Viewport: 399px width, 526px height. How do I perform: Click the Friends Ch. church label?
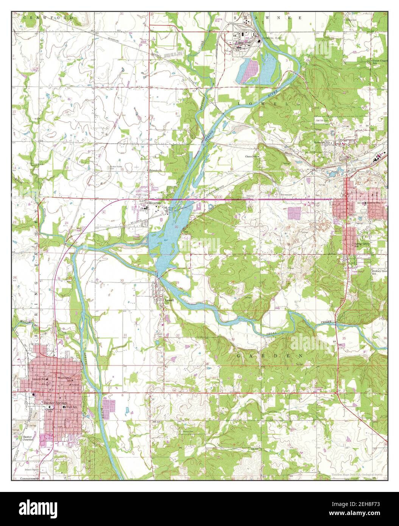pos(155,171)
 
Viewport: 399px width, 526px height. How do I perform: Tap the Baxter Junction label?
pos(26,438)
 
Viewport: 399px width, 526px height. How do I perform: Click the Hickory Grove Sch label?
pos(379,272)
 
